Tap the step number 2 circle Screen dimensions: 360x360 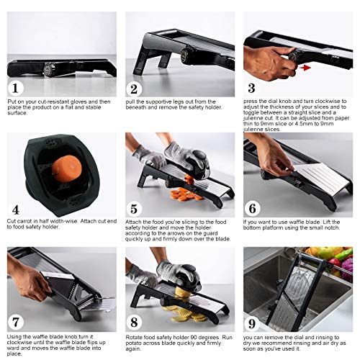[x=134, y=89]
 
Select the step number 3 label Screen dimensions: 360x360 [x=251, y=89]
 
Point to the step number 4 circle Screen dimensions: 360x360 [x=15, y=208]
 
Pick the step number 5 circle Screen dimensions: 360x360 [x=134, y=208]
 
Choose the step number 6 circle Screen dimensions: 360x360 [x=252, y=208]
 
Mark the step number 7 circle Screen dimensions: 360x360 [x=15, y=324]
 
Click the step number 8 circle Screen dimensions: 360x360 [x=134, y=324]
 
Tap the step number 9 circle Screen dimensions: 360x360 [x=252, y=324]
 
